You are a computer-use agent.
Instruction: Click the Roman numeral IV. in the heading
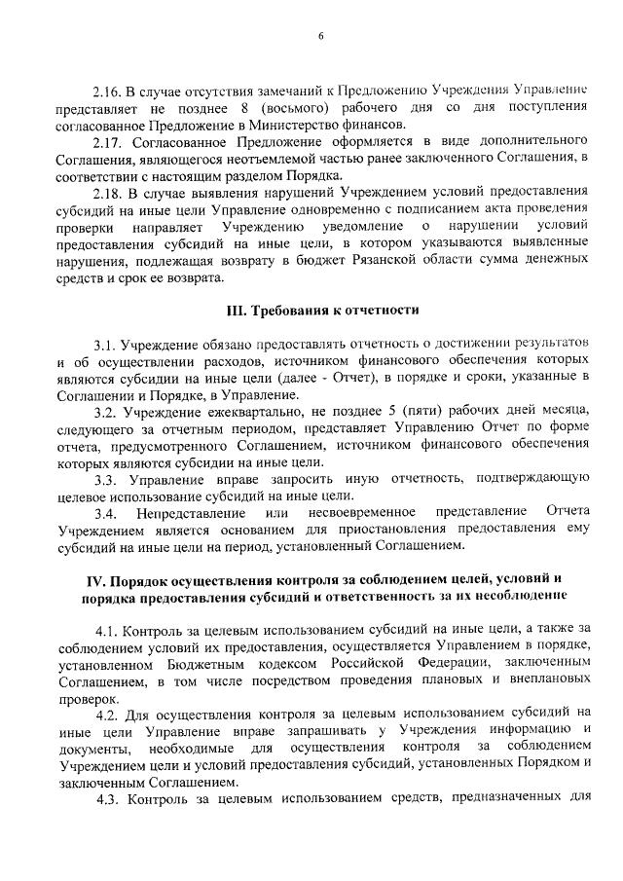[x=97, y=581]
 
